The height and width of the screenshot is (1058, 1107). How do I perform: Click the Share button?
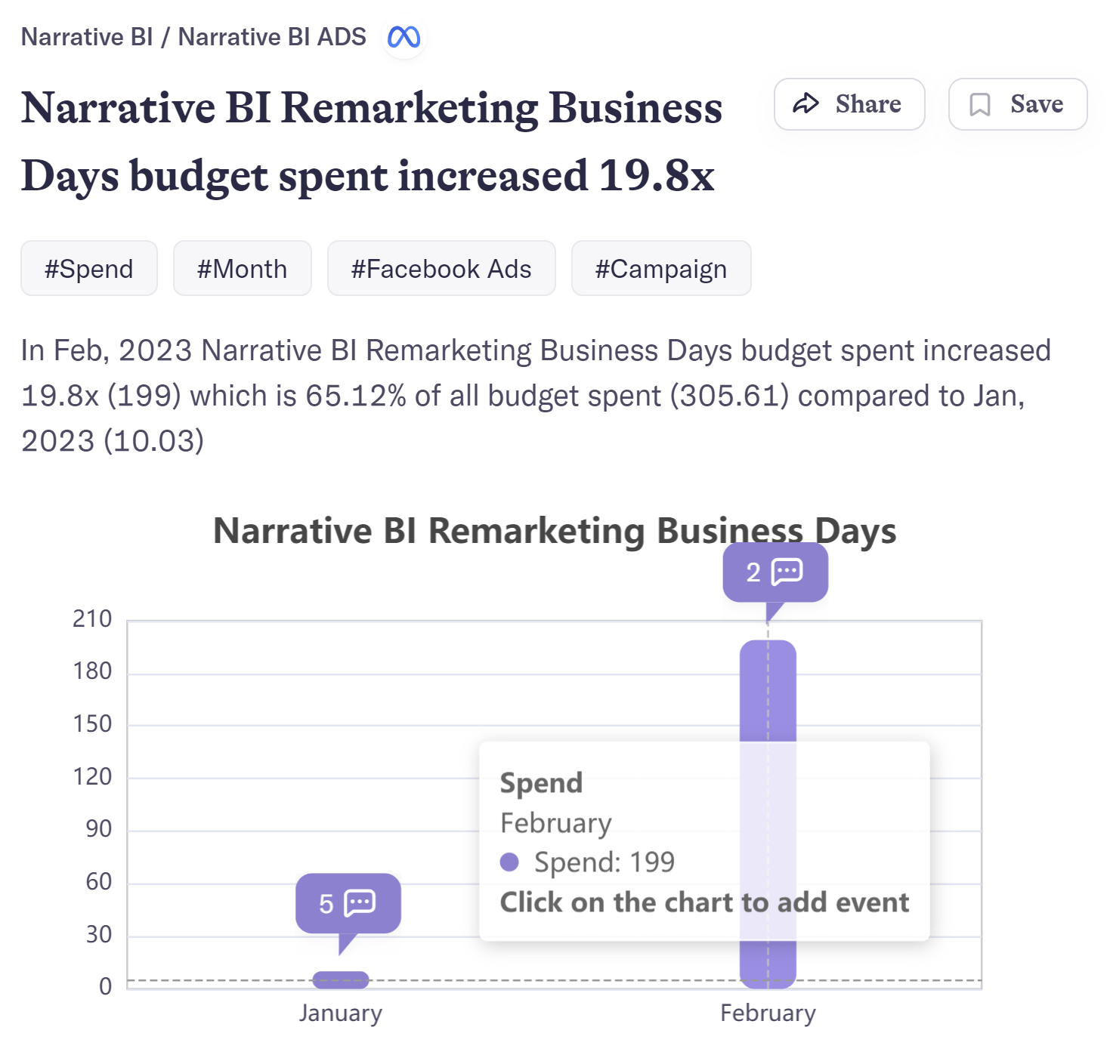tap(849, 104)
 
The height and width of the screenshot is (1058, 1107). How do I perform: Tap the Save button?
tap(1017, 104)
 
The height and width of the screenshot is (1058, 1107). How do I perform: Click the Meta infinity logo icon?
tap(404, 37)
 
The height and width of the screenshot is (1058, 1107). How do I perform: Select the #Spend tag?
tap(88, 269)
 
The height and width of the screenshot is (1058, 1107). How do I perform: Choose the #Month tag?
tap(242, 269)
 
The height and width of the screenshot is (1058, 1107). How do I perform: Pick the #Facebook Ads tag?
tap(441, 269)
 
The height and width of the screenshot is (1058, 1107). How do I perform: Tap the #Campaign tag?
tap(660, 269)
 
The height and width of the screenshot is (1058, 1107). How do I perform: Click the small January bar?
tap(341, 979)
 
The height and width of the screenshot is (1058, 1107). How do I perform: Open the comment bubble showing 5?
tap(348, 903)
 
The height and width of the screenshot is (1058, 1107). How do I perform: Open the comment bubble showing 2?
tap(775, 572)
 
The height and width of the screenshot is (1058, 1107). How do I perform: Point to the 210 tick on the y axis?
tap(92, 619)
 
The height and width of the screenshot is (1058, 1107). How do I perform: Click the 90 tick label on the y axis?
tap(99, 829)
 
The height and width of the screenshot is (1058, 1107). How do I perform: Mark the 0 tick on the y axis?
tap(106, 986)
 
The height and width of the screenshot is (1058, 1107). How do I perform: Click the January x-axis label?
tap(340, 1013)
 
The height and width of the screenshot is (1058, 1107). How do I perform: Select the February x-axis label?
tap(768, 1013)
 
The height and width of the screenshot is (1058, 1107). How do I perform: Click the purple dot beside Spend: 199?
tap(509, 862)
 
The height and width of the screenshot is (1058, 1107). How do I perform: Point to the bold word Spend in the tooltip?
tap(541, 783)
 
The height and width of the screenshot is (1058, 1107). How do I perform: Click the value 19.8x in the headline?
tap(656, 175)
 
